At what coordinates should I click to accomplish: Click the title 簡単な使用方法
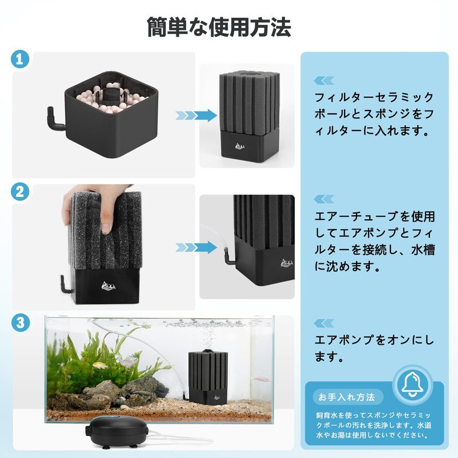click(219, 27)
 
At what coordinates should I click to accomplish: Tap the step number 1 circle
click(20, 59)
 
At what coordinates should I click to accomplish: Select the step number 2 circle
click(20, 192)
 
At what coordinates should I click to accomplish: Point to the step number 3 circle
click(20, 323)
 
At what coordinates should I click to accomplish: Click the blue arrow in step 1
click(196, 116)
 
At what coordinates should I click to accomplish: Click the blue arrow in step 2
click(196, 248)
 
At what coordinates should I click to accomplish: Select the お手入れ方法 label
click(347, 397)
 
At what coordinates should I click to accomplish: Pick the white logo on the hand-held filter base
click(108, 285)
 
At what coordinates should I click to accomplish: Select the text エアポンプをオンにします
click(374, 348)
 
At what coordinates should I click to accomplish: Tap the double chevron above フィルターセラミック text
click(323, 81)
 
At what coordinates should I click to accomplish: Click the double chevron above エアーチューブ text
click(323, 199)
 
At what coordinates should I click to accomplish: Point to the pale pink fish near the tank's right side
click(262, 379)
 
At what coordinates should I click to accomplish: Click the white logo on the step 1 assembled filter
click(240, 146)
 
